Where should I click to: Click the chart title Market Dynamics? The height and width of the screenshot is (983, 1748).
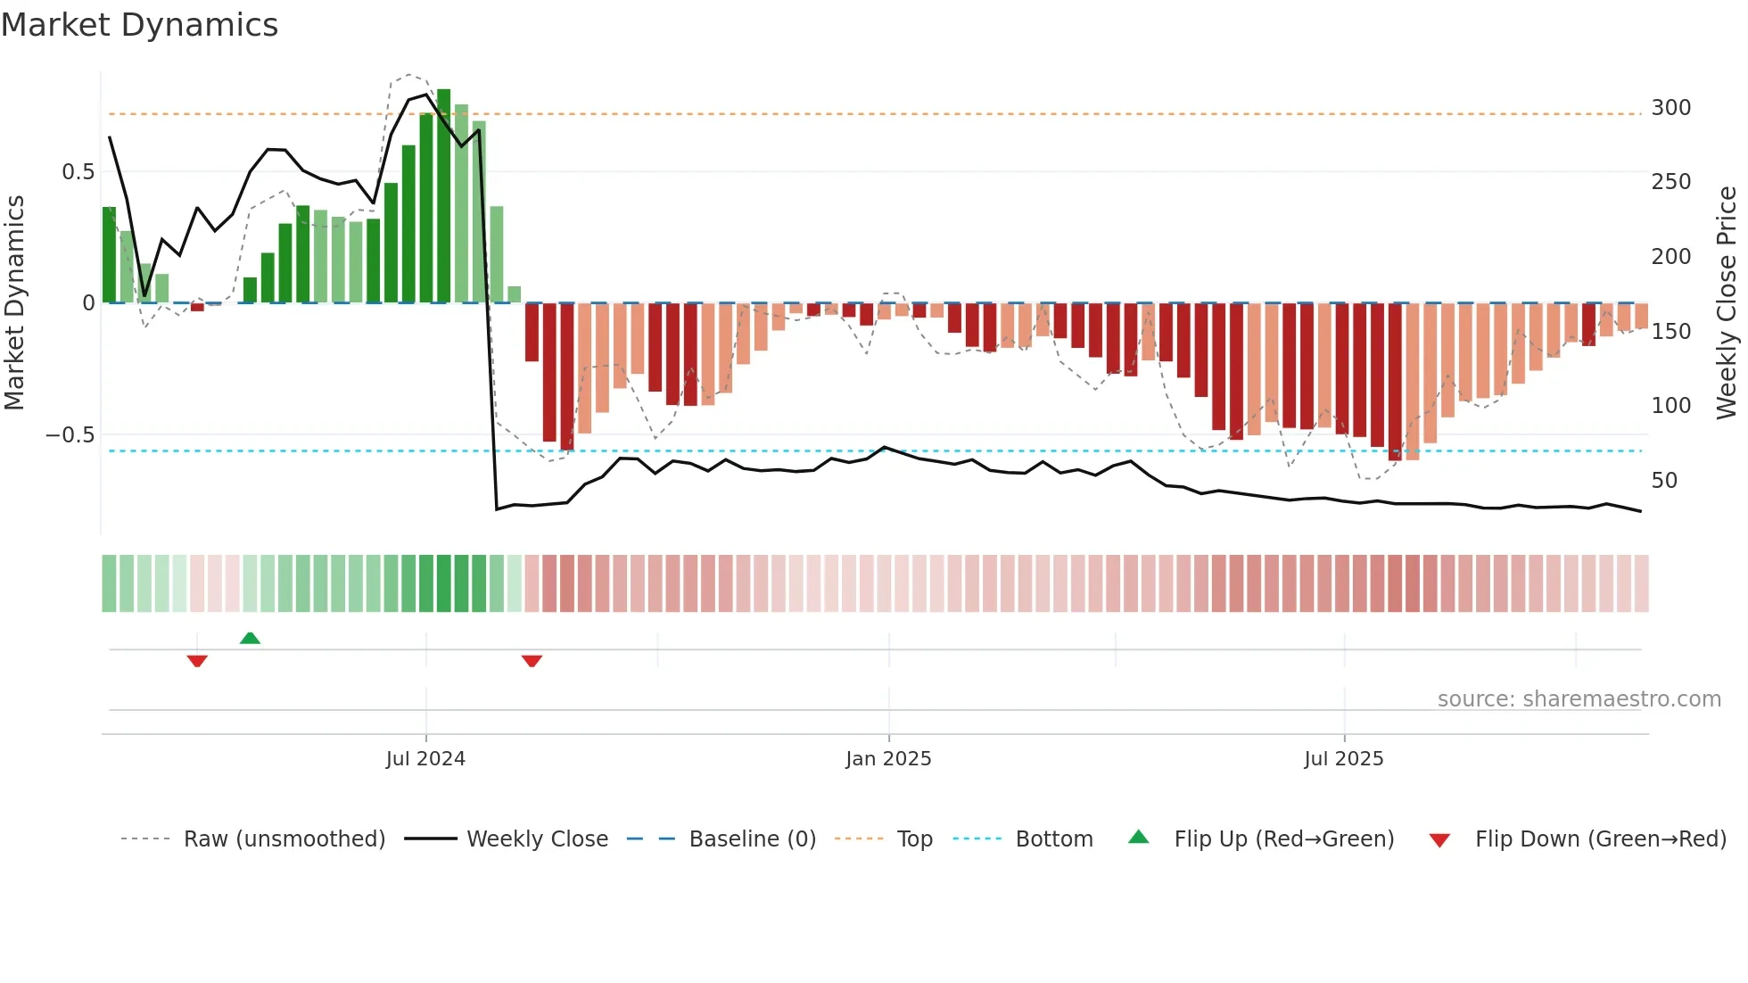[139, 25]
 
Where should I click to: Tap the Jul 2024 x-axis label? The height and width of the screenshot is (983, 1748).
[425, 759]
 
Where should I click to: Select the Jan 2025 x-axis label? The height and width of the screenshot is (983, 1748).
[888, 759]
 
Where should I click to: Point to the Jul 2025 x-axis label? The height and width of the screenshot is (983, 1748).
[1343, 759]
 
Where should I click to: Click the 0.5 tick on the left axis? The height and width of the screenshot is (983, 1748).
[78, 172]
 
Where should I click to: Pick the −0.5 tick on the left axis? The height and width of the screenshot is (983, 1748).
[70, 435]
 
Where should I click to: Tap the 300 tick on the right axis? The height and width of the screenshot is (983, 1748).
[1670, 108]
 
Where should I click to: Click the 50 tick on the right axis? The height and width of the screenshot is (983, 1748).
[1664, 481]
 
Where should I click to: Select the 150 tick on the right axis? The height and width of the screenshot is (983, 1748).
[1670, 332]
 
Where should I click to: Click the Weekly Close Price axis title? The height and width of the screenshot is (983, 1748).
[1727, 302]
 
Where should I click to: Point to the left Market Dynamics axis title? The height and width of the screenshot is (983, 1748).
[14, 302]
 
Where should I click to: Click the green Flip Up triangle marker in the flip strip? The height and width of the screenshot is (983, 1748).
[250, 638]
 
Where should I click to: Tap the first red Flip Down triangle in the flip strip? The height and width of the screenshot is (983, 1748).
[197, 661]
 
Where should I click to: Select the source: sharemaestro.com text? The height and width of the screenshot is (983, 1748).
[1579, 699]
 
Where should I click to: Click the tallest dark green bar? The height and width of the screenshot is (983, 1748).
[443, 196]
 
